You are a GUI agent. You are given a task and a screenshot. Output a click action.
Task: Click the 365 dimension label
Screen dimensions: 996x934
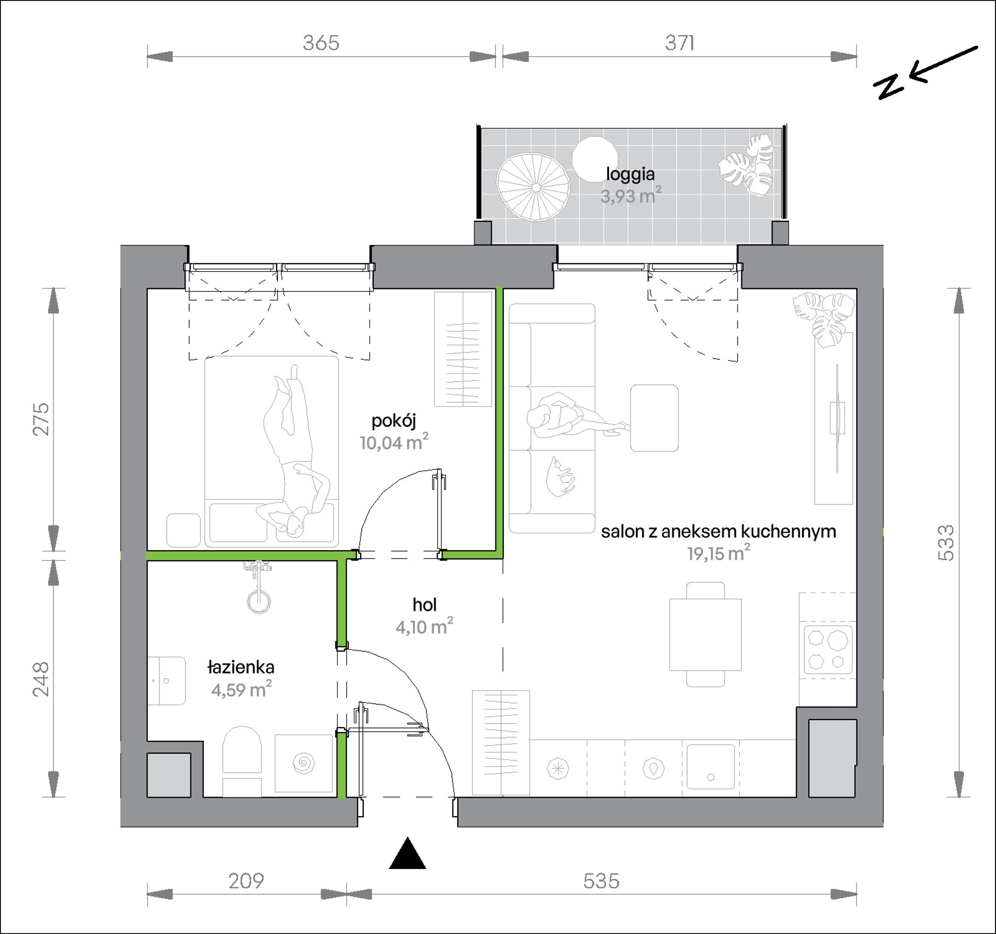tap(321, 42)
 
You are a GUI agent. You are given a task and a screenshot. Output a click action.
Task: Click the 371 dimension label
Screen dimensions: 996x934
tap(679, 42)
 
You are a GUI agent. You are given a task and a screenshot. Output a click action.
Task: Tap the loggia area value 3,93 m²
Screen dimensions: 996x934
tap(631, 196)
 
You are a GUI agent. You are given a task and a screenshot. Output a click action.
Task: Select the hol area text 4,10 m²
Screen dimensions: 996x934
tap(424, 626)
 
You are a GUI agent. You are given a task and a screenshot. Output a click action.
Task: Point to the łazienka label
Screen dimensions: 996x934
tap(241, 667)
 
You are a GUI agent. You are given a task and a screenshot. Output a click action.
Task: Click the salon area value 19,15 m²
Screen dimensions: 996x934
tap(718, 553)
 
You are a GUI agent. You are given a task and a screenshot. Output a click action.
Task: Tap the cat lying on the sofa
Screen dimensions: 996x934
tap(560, 476)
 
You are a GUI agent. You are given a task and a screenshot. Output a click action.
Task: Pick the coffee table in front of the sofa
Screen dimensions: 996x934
tap(654, 418)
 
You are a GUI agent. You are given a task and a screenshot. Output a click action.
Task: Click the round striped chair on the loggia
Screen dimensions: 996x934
tap(533, 187)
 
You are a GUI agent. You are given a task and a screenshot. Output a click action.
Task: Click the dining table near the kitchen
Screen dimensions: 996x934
tap(705, 635)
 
